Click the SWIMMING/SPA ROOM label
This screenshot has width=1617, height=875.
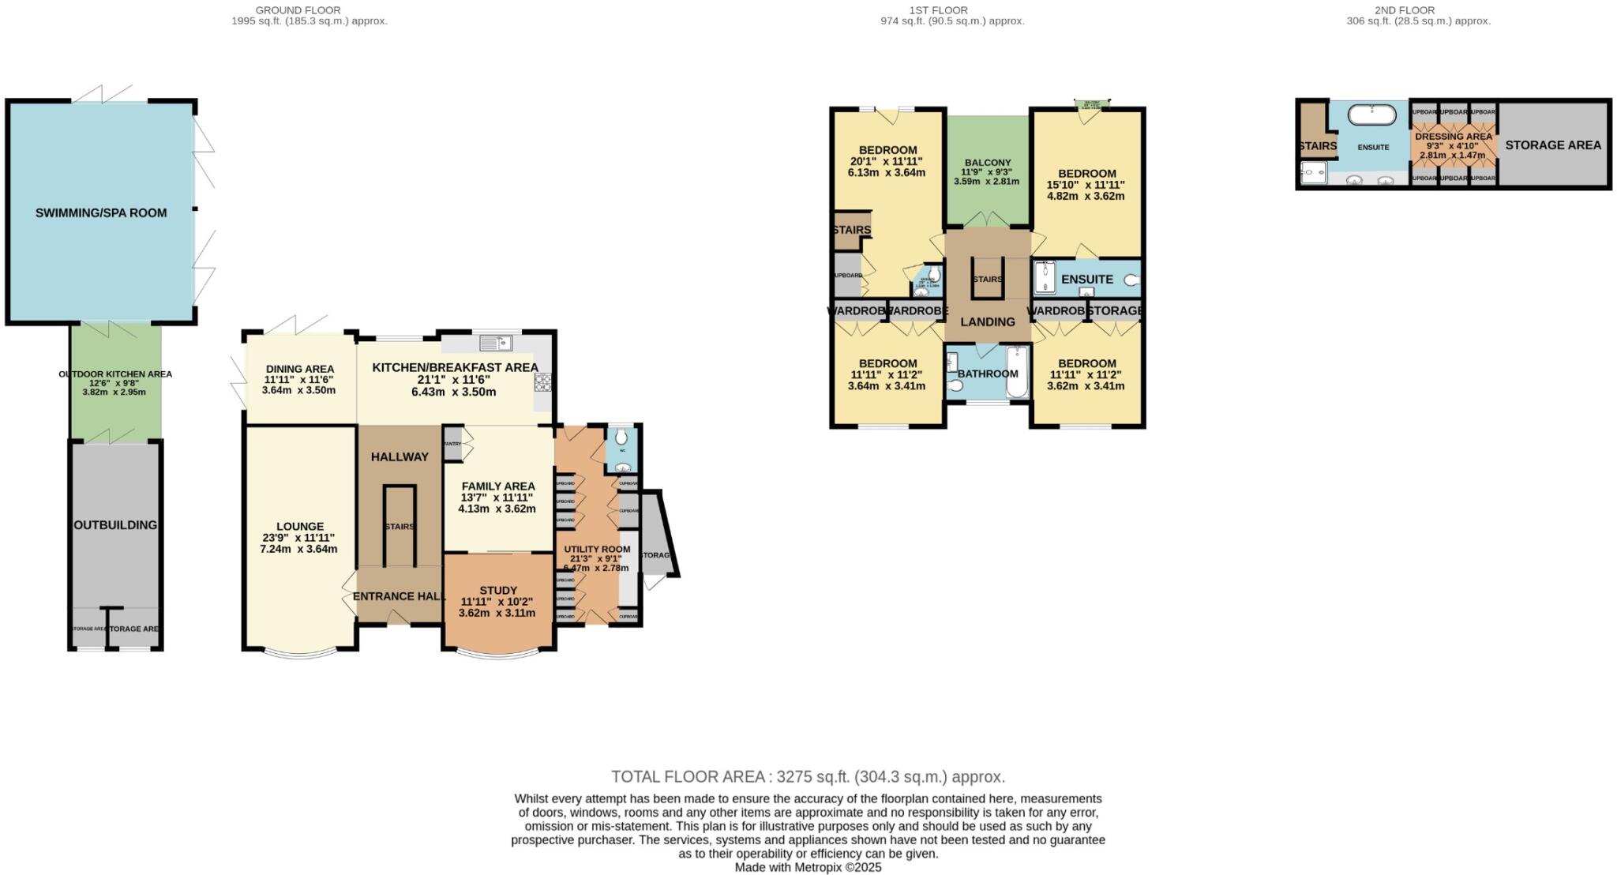point(101,212)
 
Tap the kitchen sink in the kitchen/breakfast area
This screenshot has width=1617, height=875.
point(496,342)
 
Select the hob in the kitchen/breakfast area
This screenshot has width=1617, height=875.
point(542,382)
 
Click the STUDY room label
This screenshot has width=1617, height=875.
point(498,590)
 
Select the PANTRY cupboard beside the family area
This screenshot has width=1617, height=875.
point(452,444)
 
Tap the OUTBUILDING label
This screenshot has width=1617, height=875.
point(115,525)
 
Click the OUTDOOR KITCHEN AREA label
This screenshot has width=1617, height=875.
point(115,374)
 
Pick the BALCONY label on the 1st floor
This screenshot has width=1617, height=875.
point(987,163)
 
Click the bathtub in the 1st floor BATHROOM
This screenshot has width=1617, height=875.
point(1017,373)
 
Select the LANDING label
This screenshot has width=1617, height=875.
point(988,321)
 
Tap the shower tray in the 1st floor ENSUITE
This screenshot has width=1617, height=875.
point(1045,278)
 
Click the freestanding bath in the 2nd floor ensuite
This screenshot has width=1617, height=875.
point(1371,115)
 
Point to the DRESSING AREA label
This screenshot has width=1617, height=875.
point(1454,137)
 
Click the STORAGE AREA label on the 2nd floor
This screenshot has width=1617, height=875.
point(1553,145)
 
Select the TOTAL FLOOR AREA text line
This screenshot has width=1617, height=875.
point(808,776)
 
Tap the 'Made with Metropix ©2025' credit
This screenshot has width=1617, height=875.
point(808,867)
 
